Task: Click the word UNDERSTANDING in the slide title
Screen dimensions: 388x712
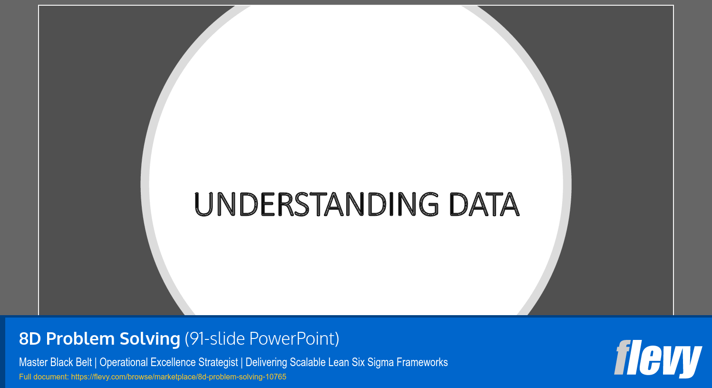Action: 316,204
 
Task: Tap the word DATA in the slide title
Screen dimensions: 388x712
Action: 484,204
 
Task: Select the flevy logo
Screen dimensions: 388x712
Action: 658,358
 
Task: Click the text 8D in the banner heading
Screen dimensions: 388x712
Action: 30,339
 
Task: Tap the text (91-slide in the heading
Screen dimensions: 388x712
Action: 215,339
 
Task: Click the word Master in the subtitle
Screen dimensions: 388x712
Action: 33,362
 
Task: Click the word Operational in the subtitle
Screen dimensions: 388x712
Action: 124,362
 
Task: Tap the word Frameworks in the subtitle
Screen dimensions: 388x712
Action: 422,362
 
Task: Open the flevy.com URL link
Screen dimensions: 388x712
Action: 179,377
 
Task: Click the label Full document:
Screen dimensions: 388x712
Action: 44,377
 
